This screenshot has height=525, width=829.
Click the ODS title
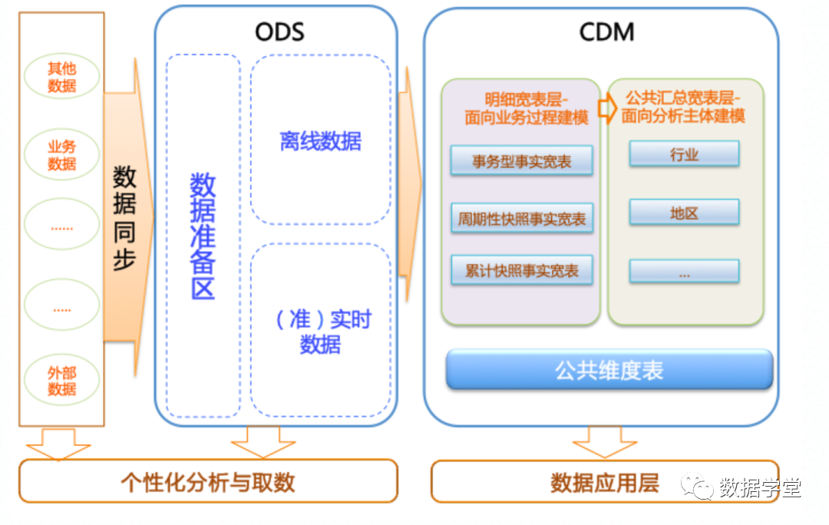279,31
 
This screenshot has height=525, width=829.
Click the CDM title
606,31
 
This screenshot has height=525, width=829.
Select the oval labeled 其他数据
62,77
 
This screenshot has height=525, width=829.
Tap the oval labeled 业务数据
62,155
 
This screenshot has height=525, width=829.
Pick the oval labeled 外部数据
62,381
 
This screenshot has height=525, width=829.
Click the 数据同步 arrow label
124,218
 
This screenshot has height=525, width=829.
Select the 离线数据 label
320,141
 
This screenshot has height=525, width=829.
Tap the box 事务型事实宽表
521,162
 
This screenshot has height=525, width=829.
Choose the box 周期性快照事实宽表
521,219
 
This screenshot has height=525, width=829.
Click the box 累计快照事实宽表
521,271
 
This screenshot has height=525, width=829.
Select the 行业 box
684,154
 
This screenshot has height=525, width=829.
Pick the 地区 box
684,213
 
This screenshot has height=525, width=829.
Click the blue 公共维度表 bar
609,370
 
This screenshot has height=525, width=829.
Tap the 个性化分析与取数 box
208,482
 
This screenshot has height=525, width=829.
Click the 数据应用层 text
605,483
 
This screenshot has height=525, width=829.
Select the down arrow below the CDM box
605,443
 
